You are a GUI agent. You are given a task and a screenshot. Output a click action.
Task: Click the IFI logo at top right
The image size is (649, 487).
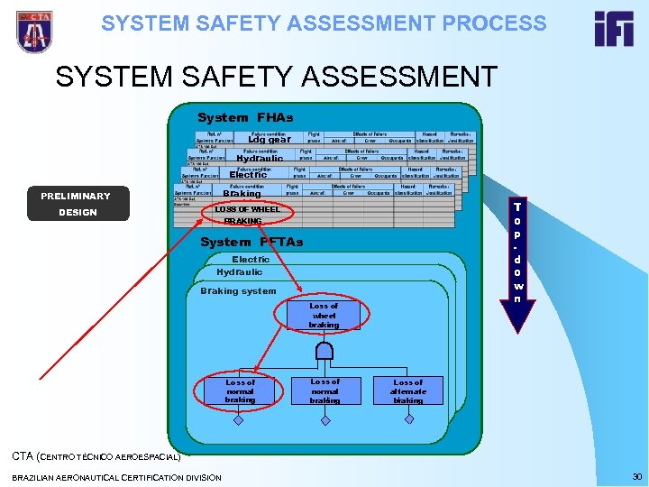[614, 29]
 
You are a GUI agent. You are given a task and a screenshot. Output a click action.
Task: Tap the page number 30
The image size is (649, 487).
[636, 476]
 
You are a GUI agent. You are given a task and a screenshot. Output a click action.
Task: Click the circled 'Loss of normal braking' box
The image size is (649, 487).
[240, 391]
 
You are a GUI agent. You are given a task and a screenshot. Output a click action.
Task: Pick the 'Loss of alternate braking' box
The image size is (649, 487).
[407, 391]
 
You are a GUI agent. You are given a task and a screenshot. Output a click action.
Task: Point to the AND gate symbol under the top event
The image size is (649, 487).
[324, 350]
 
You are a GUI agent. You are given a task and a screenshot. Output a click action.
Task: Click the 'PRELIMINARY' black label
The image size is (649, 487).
[76, 196]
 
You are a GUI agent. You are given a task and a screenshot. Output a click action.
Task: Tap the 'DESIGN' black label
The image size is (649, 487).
[78, 213]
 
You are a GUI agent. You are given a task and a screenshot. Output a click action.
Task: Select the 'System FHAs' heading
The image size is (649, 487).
[245, 117]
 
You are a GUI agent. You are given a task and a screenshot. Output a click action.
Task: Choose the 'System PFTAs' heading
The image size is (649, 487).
[251, 242]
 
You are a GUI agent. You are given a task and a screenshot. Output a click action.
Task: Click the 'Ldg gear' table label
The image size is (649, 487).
[270, 140]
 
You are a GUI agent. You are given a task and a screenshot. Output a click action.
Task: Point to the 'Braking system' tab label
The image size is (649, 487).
[238, 290]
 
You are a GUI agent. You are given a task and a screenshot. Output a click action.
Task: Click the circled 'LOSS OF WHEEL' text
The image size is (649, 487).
[246, 209]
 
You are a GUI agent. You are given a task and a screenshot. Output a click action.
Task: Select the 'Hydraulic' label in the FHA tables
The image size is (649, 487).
[260, 158]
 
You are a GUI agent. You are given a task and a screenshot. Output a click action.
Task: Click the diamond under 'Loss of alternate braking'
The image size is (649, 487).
[407, 419]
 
